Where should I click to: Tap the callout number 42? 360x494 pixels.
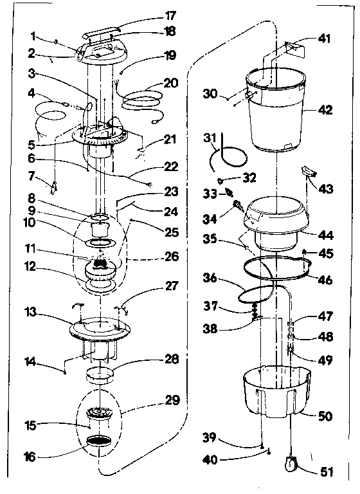coord(325,111)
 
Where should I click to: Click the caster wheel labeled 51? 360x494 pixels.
coord(290,463)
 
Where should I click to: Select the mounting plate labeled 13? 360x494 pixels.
coord(100,328)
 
